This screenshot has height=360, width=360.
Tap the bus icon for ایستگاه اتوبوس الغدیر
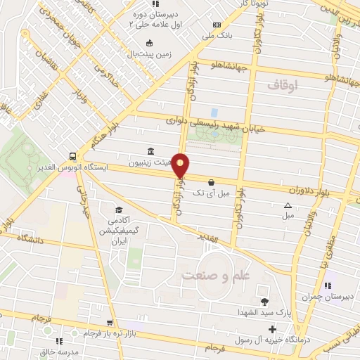tap(73, 157)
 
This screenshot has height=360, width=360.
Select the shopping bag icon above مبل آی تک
tap(211, 181)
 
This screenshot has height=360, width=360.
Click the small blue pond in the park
tap(214, 112)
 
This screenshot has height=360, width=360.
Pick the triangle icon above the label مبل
tap(287, 205)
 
